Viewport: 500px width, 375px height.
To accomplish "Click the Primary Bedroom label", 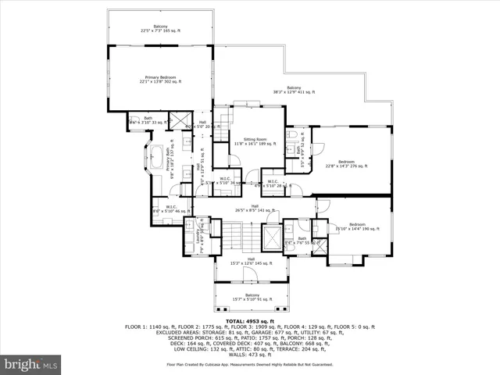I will point(160,79).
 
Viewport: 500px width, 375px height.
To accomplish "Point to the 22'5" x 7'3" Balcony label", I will point(160,28).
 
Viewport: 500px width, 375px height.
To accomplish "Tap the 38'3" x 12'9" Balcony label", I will point(294,90).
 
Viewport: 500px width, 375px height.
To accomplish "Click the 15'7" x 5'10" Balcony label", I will point(251,298).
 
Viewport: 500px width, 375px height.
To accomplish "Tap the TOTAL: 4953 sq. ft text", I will point(250,321).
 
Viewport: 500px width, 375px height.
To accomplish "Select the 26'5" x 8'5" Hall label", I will point(255,209).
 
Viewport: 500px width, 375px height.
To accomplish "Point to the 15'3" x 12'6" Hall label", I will point(251,261).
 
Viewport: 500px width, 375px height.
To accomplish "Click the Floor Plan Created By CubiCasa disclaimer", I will point(250,364).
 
